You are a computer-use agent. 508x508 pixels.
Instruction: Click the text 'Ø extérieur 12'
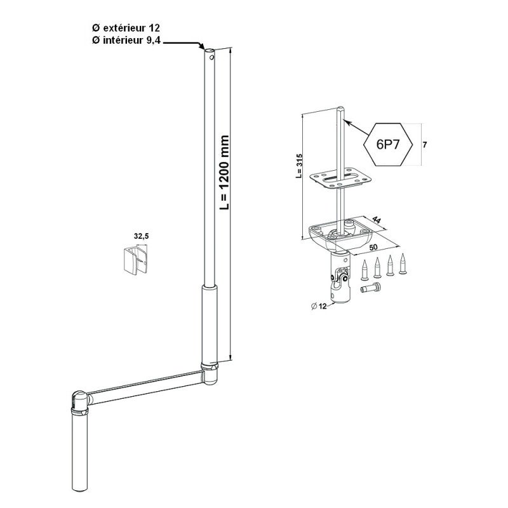(x=126, y=28)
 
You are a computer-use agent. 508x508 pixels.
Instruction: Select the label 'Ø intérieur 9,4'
(x=126, y=41)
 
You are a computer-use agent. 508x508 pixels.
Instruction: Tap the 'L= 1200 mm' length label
(x=224, y=172)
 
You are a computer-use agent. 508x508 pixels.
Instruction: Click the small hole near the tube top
(x=211, y=58)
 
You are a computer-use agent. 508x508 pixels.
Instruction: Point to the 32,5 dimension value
(x=141, y=236)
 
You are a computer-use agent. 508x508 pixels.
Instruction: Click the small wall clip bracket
(x=136, y=260)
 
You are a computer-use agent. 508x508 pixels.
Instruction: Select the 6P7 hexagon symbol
(x=388, y=145)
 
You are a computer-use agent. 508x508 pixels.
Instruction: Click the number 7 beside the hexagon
(x=425, y=145)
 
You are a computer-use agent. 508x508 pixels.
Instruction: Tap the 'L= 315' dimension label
(x=299, y=166)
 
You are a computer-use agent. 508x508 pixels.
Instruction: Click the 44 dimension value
(x=376, y=220)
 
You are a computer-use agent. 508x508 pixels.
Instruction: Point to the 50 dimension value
(x=373, y=247)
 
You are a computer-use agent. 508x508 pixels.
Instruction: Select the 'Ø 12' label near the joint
(x=319, y=305)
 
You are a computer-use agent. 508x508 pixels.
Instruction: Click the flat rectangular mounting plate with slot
(x=340, y=178)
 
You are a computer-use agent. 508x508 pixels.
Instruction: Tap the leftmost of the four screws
(x=364, y=270)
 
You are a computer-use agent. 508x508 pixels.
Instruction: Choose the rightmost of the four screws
(x=403, y=264)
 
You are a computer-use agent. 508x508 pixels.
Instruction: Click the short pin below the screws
(x=371, y=288)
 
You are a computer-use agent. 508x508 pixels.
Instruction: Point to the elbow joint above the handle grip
(x=80, y=402)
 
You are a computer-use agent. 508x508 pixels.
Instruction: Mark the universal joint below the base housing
(x=340, y=278)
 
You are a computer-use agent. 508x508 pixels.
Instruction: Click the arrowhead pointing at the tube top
(x=201, y=46)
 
